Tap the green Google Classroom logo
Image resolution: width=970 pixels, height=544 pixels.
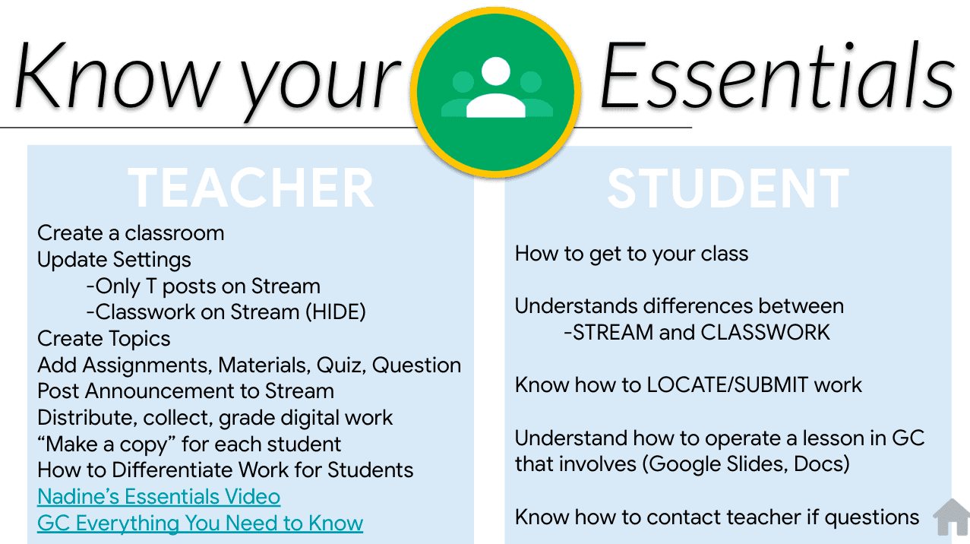(x=496, y=92)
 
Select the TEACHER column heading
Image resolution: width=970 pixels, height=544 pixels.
(x=251, y=188)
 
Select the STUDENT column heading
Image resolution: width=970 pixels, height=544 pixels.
(x=728, y=189)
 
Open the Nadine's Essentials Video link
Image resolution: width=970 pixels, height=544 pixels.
(x=159, y=496)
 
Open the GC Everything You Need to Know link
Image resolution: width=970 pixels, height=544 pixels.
(x=200, y=523)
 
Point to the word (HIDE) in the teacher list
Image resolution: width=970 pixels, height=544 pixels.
(x=336, y=312)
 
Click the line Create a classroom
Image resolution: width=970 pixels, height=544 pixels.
(x=131, y=233)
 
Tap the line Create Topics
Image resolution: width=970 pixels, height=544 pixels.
(x=104, y=339)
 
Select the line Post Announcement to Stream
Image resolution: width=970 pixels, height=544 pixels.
(x=186, y=391)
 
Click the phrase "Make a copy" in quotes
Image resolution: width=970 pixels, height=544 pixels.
(x=106, y=444)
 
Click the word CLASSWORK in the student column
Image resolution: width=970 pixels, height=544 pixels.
(x=765, y=333)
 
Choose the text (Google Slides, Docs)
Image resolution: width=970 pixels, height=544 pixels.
(x=746, y=464)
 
